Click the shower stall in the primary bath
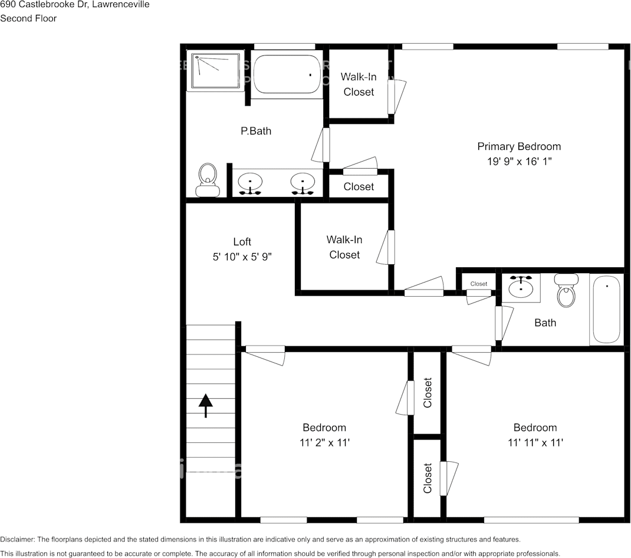pyautogui.click(x=215, y=72)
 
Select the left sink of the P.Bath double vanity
pyautogui.click(x=251, y=183)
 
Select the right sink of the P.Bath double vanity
pyautogui.click(x=303, y=183)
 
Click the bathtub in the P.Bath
pyautogui.click(x=287, y=74)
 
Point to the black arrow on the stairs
pyautogui.click(x=205, y=406)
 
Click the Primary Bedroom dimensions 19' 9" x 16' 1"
pyautogui.click(x=519, y=160)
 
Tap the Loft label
pyautogui.click(x=242, y=241)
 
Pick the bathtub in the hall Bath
pyautogui.click(x=606, y=309)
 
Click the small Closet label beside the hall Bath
pyautogui.click(x=479, y=284)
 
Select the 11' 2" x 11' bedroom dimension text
pyautogui.click(x=324, y=442)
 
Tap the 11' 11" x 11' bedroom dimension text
pyautogui.click(x=535, y=442)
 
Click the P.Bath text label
pyautogui.click(x=256, y=131)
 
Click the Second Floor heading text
pyautogui.click(x=28, y=18)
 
